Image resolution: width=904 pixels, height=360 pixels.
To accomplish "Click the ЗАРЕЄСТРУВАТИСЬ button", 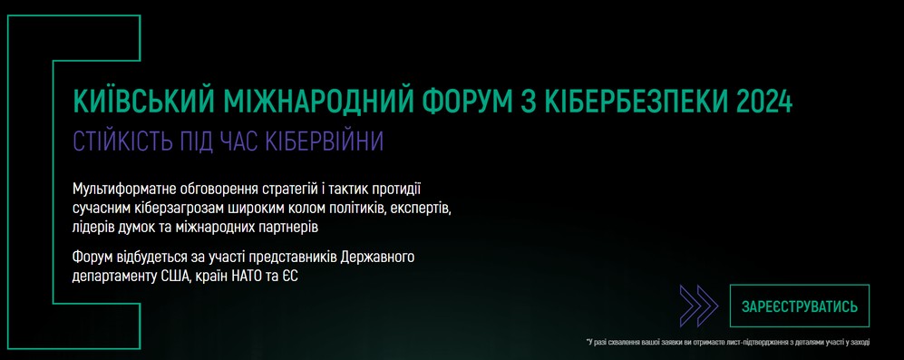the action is [799, 306].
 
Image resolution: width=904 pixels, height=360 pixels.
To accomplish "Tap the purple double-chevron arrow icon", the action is [699, 306].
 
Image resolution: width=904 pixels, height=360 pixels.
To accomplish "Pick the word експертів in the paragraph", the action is [422, 208].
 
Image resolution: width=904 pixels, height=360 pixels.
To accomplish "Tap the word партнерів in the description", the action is [287, 227].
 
